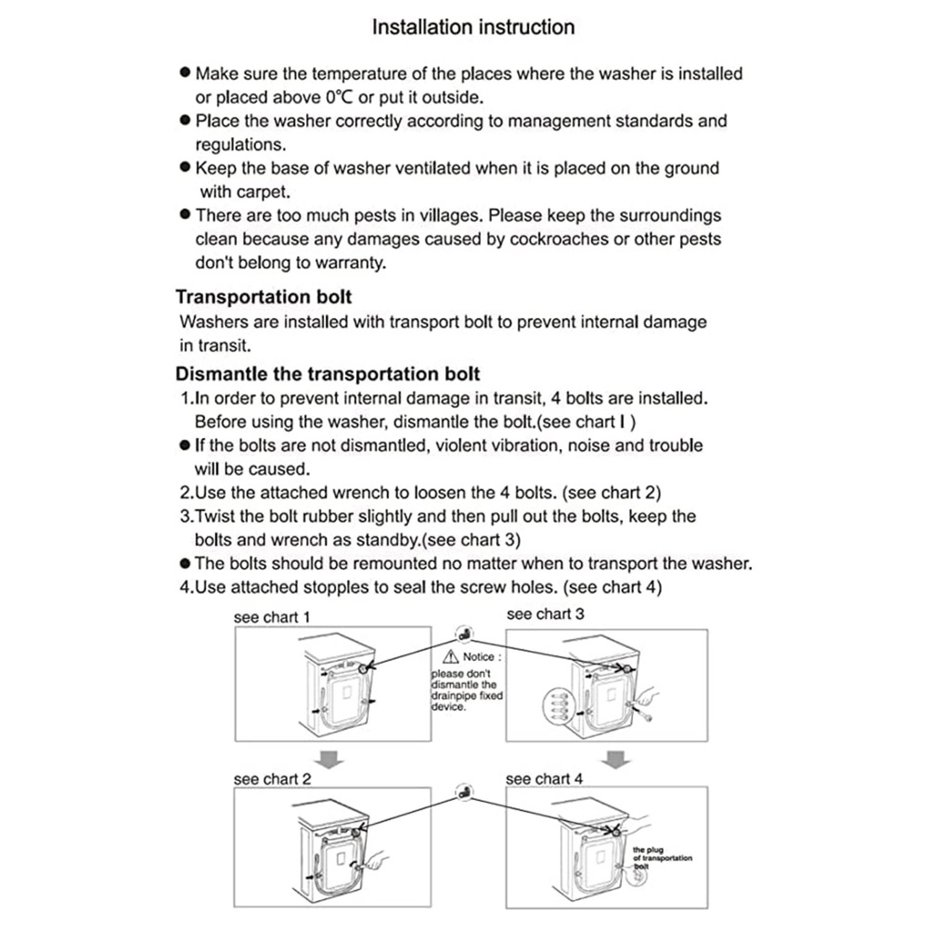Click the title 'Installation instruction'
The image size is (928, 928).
pos(473,27)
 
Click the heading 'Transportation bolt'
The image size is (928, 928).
pos(264,297)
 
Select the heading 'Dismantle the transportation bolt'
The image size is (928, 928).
pos(327,374)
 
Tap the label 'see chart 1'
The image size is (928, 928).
pos(272,617)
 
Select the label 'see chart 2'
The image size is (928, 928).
pos(272,780)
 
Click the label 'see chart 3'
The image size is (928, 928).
pos(545,614)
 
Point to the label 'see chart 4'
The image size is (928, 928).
pos(544,780)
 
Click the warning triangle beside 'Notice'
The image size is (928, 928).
pos(451,657)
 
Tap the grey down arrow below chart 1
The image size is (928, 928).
pos(331,760)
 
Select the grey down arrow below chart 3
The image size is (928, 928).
pos(616,758)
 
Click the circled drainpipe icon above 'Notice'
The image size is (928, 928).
pos(464,634)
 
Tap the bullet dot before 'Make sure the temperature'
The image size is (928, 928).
pos(184,72)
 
